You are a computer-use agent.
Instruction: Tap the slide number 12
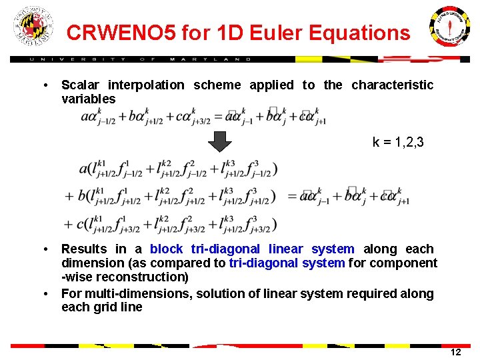[x=455, y=352]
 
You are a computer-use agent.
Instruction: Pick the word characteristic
[x=392, y=85]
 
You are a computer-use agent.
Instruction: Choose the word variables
[x=88, y=99]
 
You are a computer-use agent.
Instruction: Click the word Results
[x=83, y=249]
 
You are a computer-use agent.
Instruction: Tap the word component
[x=407, y=263]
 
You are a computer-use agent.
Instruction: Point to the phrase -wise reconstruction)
[x=125, y=277]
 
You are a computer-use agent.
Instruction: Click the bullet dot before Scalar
[x=44, y=85]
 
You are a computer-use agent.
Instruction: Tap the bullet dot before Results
[x=44, y=249]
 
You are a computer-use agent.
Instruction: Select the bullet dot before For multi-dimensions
[x=44, y=294]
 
